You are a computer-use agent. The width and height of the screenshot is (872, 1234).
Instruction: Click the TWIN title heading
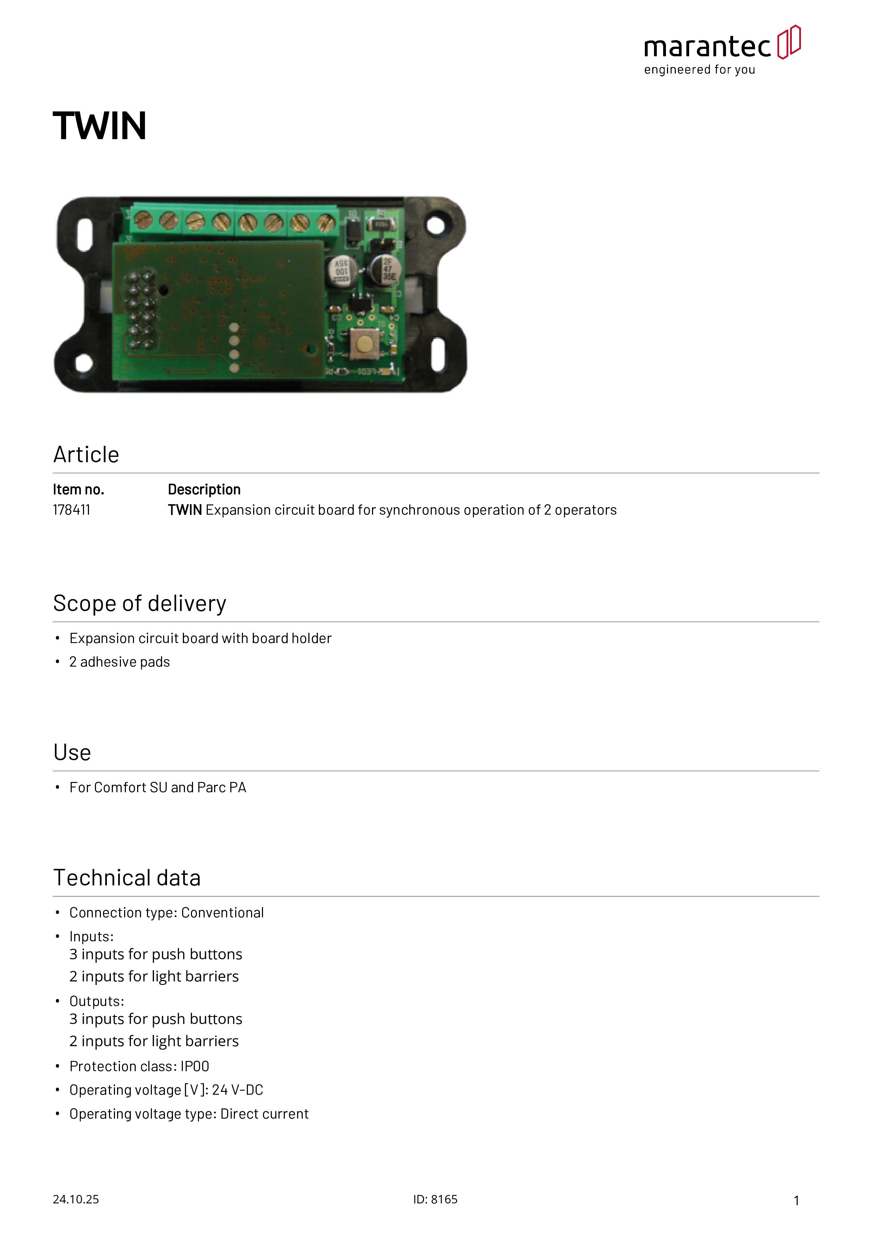pyautogui.click(x=100, y=126)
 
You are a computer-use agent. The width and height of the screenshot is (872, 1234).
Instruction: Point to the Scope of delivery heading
pyautogui.click(x=140, y=604)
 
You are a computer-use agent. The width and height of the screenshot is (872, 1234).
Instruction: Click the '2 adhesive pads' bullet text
pyautogui.click(x=119, y=662)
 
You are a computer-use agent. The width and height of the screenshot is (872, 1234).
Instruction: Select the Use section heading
pyautogui.click(x=72, y=752)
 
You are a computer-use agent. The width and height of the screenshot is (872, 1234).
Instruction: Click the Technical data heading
pyautogui.click(x=127, y=878)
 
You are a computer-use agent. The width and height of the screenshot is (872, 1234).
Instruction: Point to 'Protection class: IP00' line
pyautogui.click(x=139, y=1066)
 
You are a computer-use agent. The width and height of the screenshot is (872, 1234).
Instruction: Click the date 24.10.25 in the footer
pyautogui.click(x=76, y=1199)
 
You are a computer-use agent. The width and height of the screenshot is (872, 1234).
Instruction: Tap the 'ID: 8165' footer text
pyautogui.click(x=435, y=1199)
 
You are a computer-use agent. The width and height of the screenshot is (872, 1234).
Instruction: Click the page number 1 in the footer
pyautogui.click(x=796, y=1200)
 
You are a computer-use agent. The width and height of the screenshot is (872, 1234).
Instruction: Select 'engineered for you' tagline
pyautogui.click(x=700, y=70)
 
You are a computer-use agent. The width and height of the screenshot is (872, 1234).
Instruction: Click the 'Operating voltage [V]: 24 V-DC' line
pyautogui.click(x=166, y=1090)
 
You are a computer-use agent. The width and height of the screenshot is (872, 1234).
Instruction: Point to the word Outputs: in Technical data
pyautogui.click(x=97, y=1001)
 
